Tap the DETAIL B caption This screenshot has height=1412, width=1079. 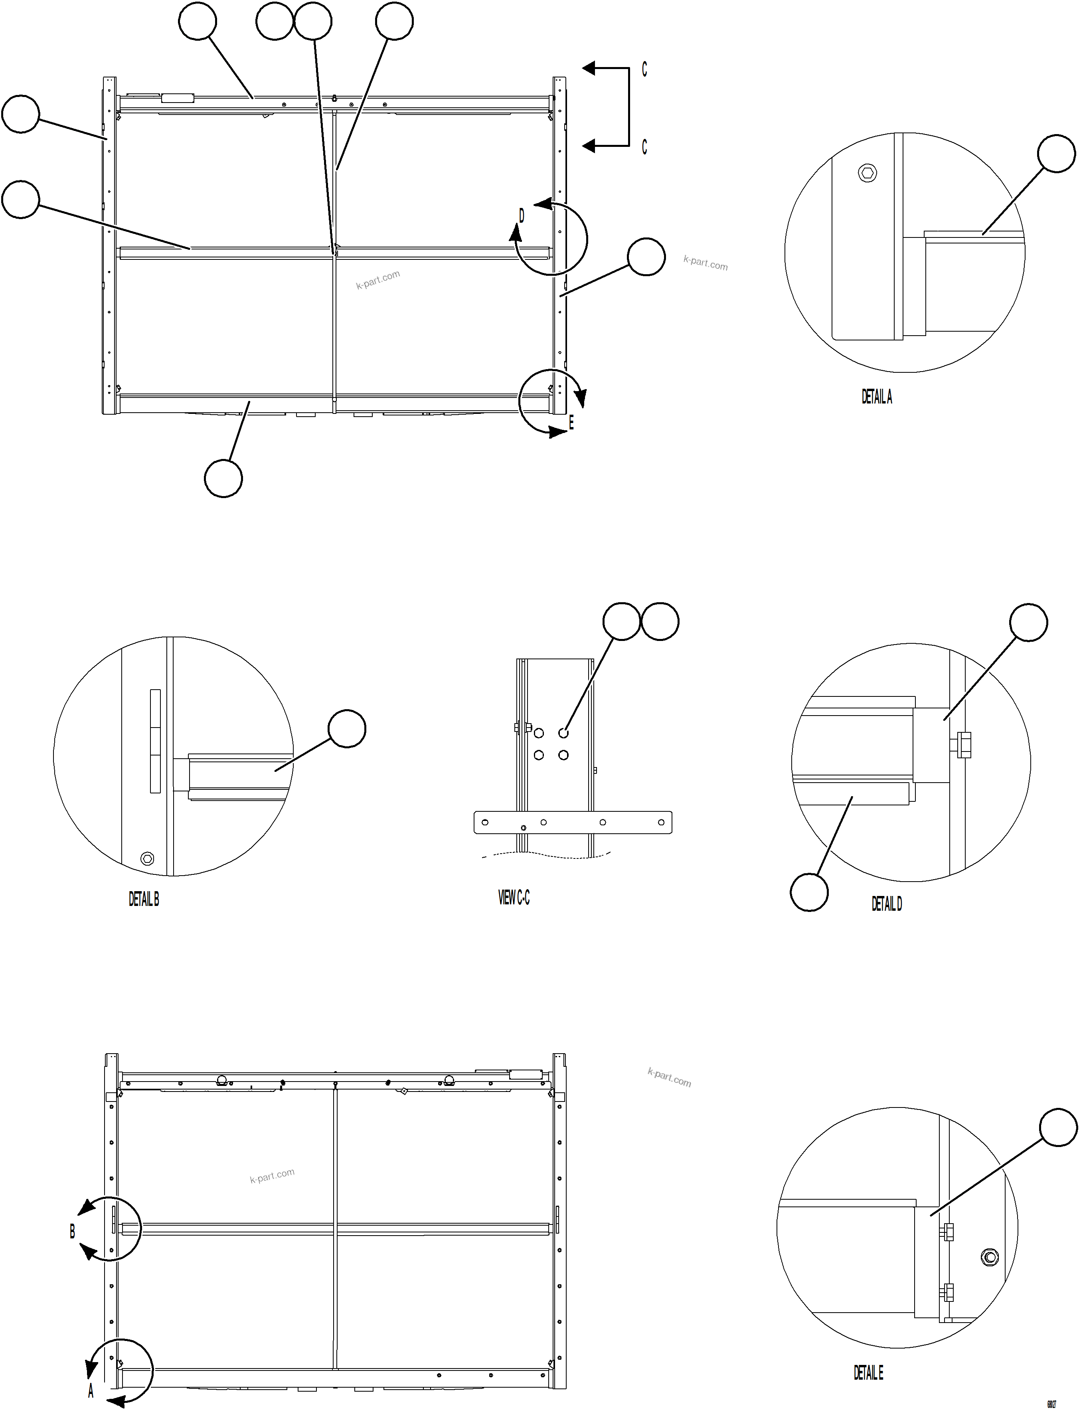tap(144, 900)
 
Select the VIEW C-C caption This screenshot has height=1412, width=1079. tap(514, 898)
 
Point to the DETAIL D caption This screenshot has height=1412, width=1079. tap(886, 904)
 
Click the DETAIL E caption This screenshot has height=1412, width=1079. tap(868, 1373)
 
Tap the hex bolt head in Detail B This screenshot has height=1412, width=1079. tap(147, 859)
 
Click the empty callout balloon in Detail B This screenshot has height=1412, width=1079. tap(347, 728)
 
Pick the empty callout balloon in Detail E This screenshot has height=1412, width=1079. tap(1058, 1127)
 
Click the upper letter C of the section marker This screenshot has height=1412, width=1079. tap(644, 69)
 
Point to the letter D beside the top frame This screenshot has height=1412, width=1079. tap(522, 216)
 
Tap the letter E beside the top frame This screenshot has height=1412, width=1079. tap(571, 423)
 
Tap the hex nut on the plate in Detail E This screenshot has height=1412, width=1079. tap(990, 1257)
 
